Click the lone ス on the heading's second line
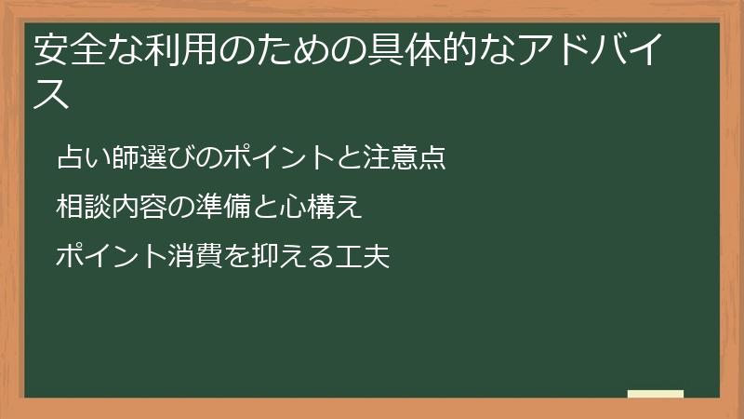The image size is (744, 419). (x=52, y=94)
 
